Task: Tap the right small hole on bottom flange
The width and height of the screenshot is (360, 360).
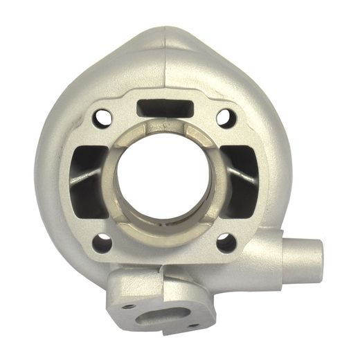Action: pyautogui.click(x=193, y=325)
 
